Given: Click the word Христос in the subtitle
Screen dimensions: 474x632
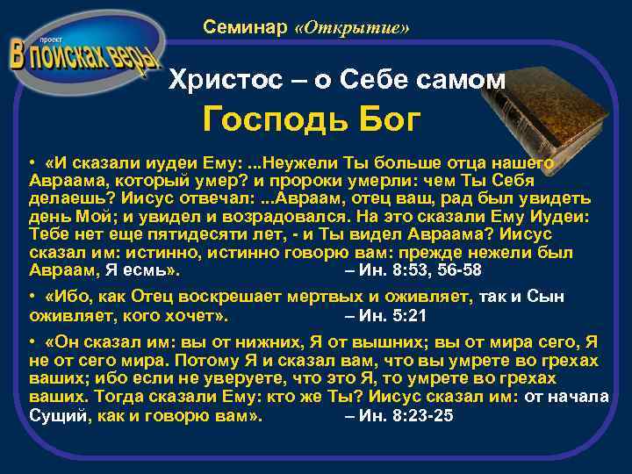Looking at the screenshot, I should pos(220,80).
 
